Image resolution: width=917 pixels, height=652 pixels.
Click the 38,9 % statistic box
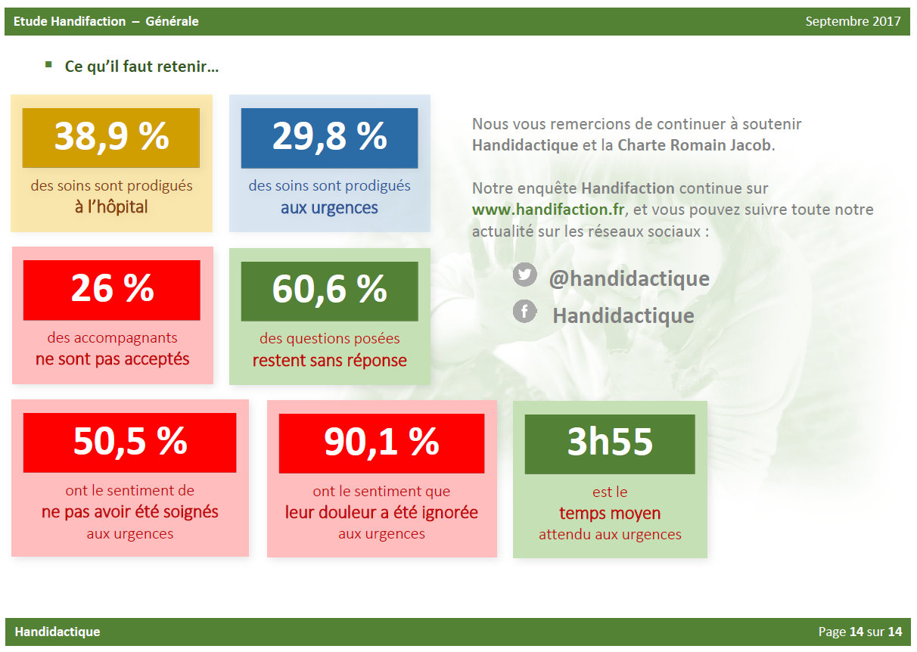coord(111,138)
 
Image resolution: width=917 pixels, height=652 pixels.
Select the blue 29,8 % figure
coord(330,138)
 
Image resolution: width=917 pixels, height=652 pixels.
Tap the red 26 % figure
coord(112,290)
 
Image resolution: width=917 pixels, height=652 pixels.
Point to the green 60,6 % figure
coord(330,291)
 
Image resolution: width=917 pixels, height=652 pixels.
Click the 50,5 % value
coord(130,442)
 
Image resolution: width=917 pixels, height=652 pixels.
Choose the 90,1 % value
coord(381,444)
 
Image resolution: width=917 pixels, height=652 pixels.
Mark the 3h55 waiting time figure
coord(610,444)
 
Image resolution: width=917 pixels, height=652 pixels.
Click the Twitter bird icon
coord(525,275)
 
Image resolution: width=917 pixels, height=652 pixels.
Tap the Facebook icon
coord(525,311)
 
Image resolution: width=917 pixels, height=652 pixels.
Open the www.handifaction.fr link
coord(548,210)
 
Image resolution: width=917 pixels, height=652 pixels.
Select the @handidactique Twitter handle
coord(629,279)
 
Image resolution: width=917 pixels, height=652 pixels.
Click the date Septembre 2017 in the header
coord(853,21)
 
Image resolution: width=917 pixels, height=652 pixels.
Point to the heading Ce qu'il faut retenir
coord(141,67)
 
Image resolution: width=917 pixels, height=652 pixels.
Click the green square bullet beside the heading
coord(48,64)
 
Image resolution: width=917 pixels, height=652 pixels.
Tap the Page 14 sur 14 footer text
coord(860,632)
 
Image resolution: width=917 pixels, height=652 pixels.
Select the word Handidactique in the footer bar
coord(58,632)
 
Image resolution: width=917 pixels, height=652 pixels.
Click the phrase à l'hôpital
coord(111,207)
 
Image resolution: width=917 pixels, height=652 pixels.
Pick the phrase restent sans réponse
coord(330,361)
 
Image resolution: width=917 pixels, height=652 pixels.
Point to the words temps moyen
coord(610,514)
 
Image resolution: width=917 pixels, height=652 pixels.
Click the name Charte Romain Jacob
coord(695,145)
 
